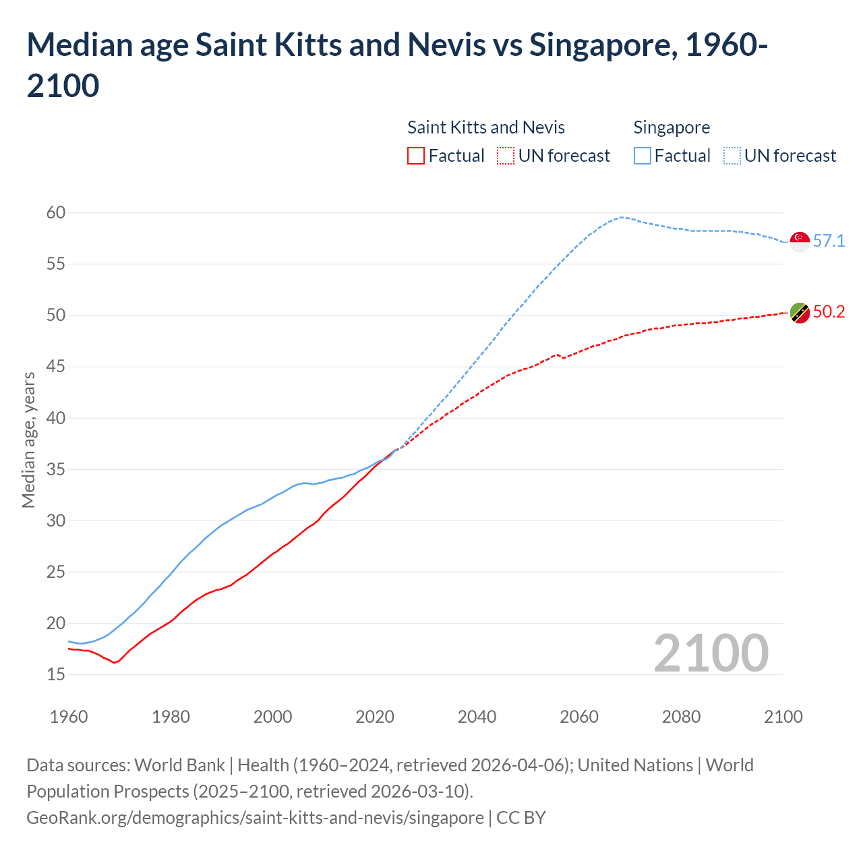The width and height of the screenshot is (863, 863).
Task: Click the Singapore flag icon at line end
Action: click(x=800, y=241)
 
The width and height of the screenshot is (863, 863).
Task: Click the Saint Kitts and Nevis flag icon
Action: click(x=800, y=313)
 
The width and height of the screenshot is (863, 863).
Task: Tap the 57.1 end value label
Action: click(x=829, y=241)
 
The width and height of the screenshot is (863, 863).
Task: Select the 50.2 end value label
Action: click(x=829, y=312)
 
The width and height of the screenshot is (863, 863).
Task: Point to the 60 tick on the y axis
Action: click(x=56, y=213)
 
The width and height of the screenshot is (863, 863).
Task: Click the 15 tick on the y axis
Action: click(x=56, y=674)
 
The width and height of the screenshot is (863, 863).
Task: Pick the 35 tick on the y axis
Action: click(x=56, y=469)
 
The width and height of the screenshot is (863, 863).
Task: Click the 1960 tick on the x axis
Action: click(x=69, y=717)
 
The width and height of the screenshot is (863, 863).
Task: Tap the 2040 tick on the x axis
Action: click(x=477, y=717)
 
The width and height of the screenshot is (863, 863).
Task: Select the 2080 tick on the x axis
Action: click(x=681, y=717)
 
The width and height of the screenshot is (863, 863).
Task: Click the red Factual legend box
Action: click(x=416, y=156)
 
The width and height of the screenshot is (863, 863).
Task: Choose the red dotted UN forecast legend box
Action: click(x=506, y=156)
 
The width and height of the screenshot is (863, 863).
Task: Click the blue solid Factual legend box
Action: click(x=643, y=156)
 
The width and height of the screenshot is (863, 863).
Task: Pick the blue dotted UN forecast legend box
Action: click(x=732, y=156)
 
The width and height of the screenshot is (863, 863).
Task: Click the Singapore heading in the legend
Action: click(x=672, y=127)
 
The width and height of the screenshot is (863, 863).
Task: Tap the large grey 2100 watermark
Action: click(x=711, y=653)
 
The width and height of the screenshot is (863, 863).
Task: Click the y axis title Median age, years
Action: click(x=28, y=440)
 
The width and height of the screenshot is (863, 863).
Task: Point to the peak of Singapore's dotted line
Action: click(x=621, y=217)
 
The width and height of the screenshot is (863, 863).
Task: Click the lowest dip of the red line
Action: click(x=114, y=663)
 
